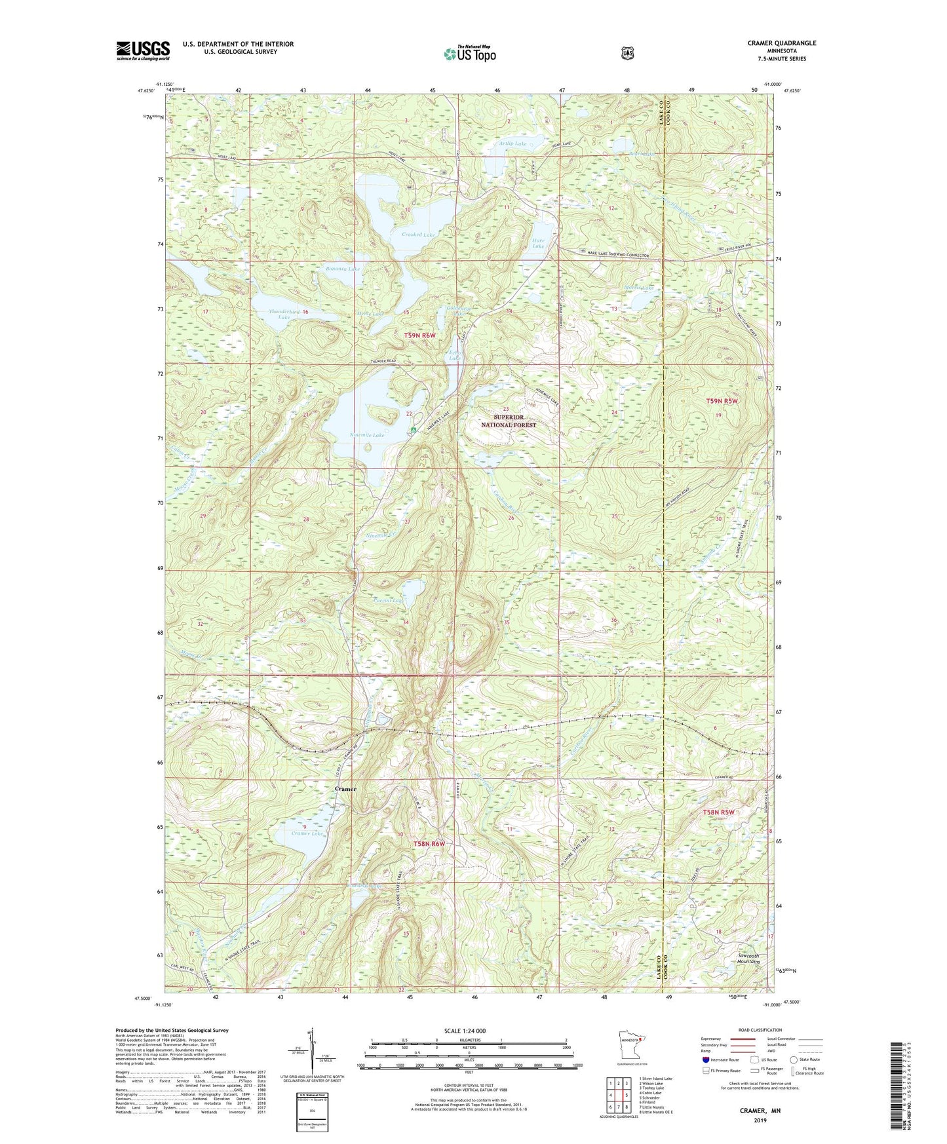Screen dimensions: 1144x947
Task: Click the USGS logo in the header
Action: click(x=143, y=50)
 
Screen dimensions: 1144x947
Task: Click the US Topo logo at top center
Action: click(x=469, y=53)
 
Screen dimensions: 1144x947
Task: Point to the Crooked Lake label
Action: click(x=419, y=235)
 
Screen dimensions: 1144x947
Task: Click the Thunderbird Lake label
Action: click(x=284, y=315)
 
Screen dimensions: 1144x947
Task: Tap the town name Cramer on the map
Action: click(x=345, y=789)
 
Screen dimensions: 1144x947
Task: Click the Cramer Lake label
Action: click(x=307, y=833)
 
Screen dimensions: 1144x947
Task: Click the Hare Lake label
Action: click(x=538, y=244)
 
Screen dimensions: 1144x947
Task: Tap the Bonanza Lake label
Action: click(x=342, y=269)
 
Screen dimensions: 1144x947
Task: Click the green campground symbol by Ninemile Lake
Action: click(x=414, y=429)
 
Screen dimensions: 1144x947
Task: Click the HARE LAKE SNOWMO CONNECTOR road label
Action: click(x=615, y=256)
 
